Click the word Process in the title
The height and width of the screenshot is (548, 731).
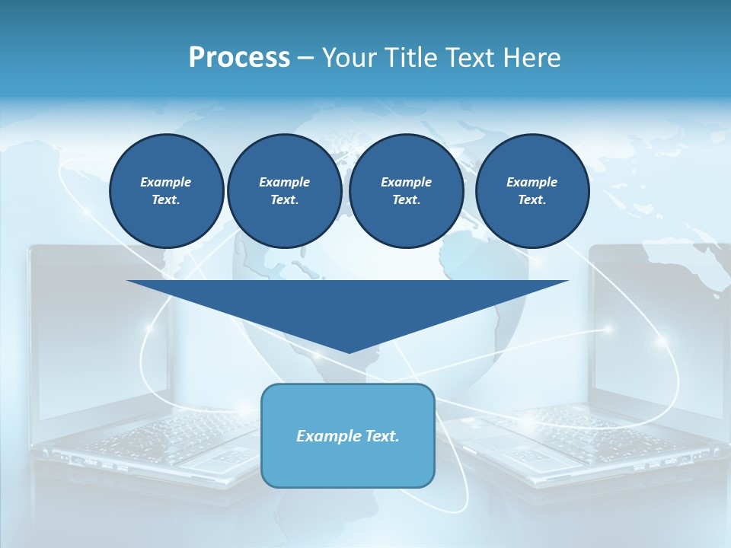239,58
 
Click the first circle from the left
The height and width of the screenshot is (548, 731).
166,191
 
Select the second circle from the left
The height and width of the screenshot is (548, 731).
284,191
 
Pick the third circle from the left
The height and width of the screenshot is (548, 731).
406,191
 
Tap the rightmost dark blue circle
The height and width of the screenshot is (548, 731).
531,191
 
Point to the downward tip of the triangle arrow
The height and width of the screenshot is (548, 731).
349,351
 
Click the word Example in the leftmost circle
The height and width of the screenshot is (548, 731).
166,182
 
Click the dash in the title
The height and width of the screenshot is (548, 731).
305,58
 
